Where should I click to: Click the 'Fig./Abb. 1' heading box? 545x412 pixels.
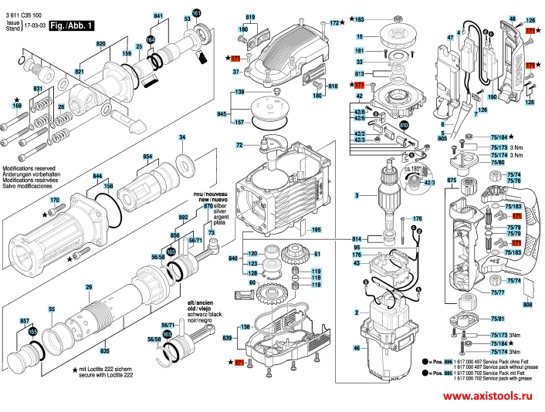(x=71, y=25)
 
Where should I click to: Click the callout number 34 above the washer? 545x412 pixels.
(x=182, y=137)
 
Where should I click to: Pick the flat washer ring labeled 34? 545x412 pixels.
(x=186, y=164)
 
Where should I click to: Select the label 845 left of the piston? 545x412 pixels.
(x=222, y=113)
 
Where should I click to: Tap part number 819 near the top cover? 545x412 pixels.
(x=250, y=17)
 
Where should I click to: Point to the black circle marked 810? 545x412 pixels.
(x=404, y=124)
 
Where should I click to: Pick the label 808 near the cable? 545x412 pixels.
(x=527, y=306)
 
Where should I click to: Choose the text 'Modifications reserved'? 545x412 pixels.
(x=29, y=167)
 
